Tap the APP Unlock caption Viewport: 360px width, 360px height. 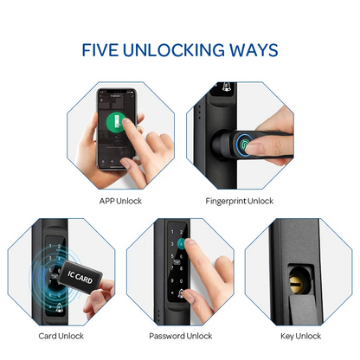click(120, 202)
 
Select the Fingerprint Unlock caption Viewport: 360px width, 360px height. click(239, 202)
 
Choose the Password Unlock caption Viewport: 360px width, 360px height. click(180, 336)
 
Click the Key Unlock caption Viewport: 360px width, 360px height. click(299, 336)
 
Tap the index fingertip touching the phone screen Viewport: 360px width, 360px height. click(127, 127)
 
